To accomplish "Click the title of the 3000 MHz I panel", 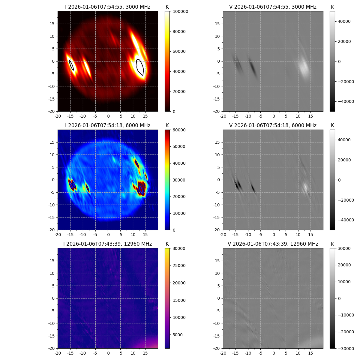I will pyautogui.click(x=108, y=7).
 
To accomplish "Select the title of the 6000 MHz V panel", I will pyautogui.click(x=273, y=125).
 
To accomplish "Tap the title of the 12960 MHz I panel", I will pyautogui.click(x=108, y=244).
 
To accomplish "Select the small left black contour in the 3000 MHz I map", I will pyautogui.click(x=71, y=65).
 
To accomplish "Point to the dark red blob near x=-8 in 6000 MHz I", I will pyautogui.click(x=88, y=188).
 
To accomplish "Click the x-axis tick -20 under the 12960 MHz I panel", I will pyautogui.click(x=58, y=352).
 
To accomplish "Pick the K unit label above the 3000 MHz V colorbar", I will pyautogui.click(x=332, y=7).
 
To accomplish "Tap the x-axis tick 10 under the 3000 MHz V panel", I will pyautogui.click(x=298, y=116).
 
